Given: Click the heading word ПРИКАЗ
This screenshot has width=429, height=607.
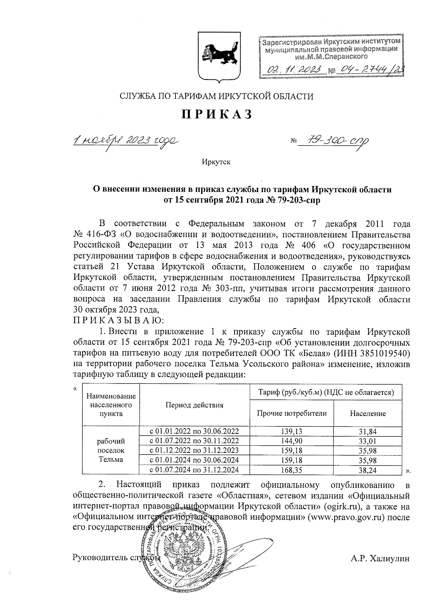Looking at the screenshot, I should pos(217,114).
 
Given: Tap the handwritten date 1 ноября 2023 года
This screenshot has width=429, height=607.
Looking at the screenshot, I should pos(125,140).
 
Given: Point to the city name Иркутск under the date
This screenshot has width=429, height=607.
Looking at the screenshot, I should pos(216,162).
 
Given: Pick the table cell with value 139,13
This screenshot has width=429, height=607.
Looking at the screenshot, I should pos(291,431).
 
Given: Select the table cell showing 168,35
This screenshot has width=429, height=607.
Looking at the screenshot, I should pos(291,470).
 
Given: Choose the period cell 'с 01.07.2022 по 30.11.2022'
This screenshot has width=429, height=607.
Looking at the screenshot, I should pos(194,441).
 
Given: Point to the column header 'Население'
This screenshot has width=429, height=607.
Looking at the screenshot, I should pos(368,413).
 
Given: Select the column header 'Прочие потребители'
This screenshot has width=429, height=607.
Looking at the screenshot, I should pos(292,413).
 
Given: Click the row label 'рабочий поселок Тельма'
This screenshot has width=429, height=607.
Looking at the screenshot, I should pos(111,450).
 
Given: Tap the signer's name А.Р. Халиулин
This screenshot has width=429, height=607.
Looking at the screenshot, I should pos(380,558).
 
